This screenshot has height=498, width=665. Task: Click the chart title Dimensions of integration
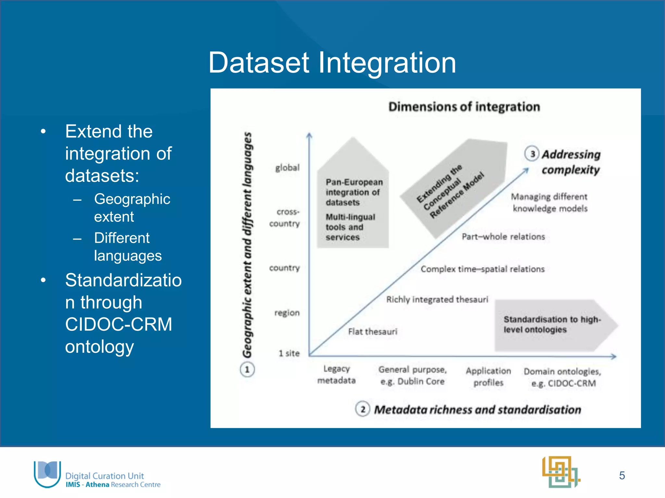click(x=464, y=107)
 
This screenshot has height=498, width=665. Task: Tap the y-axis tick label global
click(x=287, y=168)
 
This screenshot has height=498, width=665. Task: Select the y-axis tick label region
click(x=287, y=313)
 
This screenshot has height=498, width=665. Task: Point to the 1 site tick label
click(x=289, y=353)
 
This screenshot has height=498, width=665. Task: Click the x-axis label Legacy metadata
click(x=336, y=374)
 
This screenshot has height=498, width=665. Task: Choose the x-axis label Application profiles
click(x=488, y=376)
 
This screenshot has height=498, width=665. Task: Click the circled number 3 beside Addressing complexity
click(x=532, y=154)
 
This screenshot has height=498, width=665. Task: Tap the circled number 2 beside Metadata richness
click(x=363, y=409)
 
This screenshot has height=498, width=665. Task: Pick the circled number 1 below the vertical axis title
click(x=247, y=370)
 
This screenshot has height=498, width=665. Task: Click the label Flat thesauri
click(x=372, y=331)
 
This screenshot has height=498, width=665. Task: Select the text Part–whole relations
click(x=503, y=237)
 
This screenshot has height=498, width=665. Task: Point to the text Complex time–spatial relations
click(x=483, y=269)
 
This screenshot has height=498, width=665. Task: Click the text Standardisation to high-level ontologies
click(x=552, y=325)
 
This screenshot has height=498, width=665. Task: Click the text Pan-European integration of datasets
click(x=354, y=192)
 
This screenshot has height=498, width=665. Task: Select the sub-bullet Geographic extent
click(x=132, y=207)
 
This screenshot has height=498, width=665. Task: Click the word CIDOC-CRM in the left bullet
click(x=119, y=324)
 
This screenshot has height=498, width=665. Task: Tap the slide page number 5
click(x=622, y=475)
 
